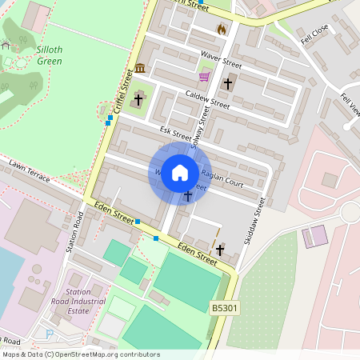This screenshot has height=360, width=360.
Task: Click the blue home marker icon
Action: (x=180, y=173)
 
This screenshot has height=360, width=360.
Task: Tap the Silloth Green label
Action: (x=50, y=54)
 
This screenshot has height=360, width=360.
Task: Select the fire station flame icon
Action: (x=222, y=29)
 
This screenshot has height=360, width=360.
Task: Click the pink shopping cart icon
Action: (x=204, y=78)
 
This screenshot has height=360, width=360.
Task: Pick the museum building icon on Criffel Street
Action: (x=140, y=68)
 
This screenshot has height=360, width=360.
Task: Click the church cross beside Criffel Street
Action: (x=138, y=100)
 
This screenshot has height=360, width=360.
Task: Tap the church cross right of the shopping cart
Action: (x=228, y=83)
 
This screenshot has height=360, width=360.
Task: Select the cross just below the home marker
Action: (x=189, y=196)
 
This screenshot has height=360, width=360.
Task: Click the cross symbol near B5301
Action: (x=220, y=250)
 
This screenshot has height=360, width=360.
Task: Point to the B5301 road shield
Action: (x=224, y=308)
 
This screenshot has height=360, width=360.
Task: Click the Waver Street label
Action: (x=222, y=59)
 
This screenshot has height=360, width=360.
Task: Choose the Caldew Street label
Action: (x=207, y=99)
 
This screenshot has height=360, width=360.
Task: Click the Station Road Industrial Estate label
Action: (x=86, y=302)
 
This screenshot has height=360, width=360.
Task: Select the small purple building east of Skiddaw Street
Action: (x=315, y=236)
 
